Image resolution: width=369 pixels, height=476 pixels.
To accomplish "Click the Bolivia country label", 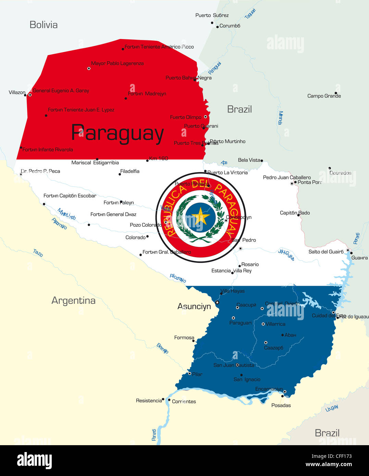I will tap(44, 25).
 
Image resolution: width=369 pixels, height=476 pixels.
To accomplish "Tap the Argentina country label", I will tap(73, 300).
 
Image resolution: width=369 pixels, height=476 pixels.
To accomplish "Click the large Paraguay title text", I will tap(118, 133).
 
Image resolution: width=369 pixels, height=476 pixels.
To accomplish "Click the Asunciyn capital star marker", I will tap(217, 302).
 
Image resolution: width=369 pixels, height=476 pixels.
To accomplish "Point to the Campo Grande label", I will tap(324, 96).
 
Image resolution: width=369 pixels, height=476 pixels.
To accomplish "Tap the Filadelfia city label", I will tap(130, 171).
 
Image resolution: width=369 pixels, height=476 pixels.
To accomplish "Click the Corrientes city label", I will tap(184, 401).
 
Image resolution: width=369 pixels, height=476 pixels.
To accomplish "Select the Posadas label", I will tap(281, 405).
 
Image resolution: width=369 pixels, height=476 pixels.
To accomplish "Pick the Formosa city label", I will tap(184, 338).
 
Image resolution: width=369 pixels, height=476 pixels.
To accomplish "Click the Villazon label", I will tap(17, 92).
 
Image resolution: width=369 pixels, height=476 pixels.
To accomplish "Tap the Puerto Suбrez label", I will tap(212, 15).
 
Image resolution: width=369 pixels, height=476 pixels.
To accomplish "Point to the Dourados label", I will tap(340, 173).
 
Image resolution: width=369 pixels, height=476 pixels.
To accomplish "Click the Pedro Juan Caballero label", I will tap(287, 177).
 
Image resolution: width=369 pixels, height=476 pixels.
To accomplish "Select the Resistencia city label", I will tap(149, 401).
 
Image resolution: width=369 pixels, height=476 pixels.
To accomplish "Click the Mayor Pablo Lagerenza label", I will tap(117, 63).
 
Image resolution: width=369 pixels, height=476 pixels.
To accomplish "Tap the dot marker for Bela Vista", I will tap(262, 161).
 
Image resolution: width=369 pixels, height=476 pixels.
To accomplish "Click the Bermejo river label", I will tap(162, 348).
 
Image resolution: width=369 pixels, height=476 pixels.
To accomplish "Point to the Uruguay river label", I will tap(332, 408).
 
